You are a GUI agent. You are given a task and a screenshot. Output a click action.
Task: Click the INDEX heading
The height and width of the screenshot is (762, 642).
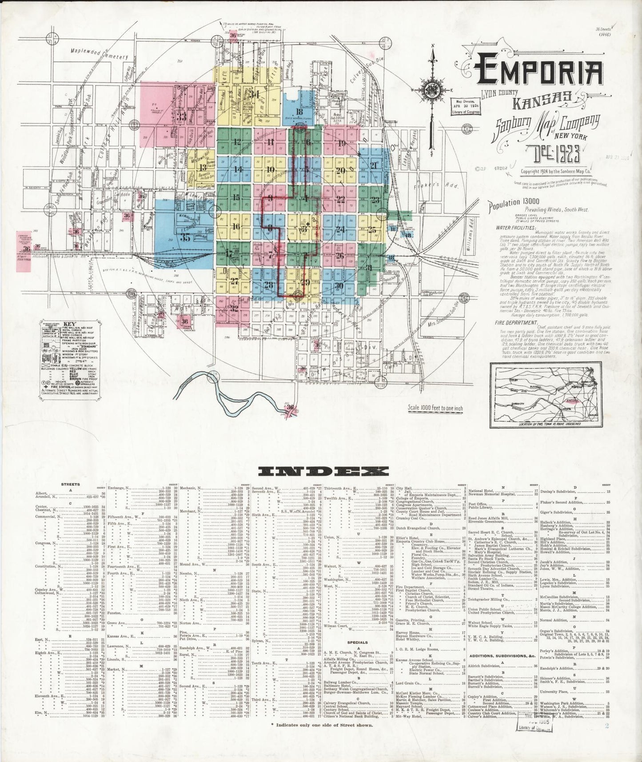click(320, 471)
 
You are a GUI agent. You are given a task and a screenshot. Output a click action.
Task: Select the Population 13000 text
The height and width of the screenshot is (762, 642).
click(517, 204)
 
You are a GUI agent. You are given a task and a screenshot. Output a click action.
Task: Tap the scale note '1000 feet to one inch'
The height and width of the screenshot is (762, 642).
click(441, 407)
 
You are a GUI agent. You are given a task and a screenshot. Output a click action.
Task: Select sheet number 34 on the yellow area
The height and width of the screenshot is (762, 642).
click(254, 94)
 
